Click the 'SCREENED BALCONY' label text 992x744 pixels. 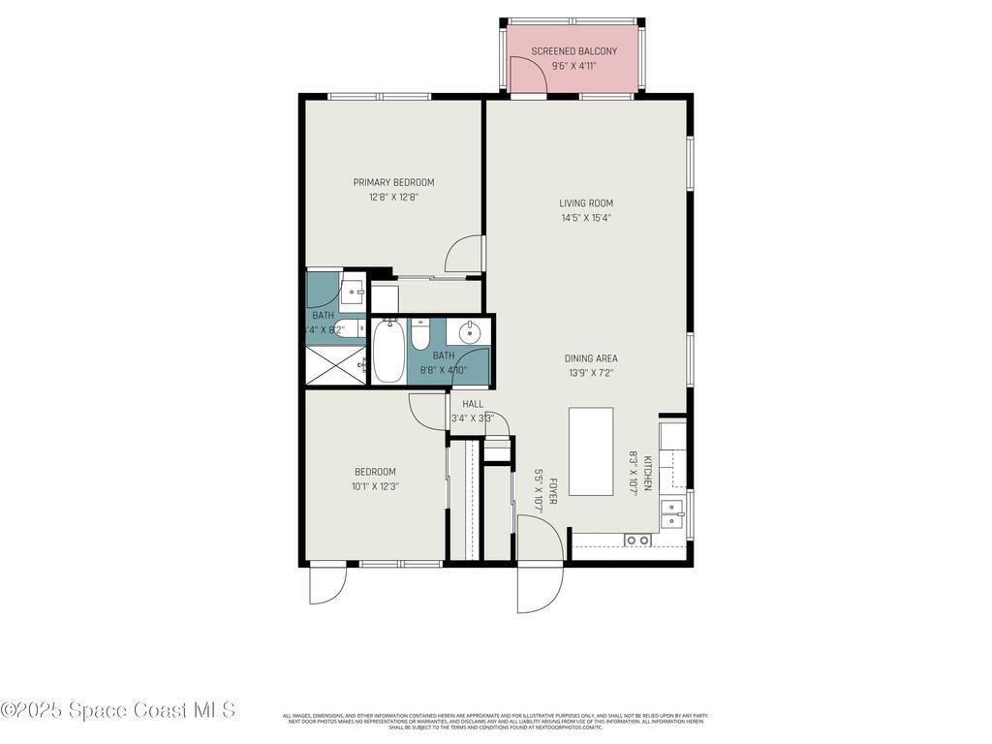(573, 51)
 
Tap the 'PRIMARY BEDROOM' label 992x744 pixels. (393, 182)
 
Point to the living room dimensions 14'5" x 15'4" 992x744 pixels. (586, 218)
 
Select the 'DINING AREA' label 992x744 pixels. (591, 358)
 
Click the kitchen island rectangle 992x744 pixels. (590, 451)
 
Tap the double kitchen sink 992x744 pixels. (672, 513)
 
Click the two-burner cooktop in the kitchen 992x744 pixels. (636, 540)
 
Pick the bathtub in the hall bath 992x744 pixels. (388, 351)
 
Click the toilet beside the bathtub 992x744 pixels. (420, 335)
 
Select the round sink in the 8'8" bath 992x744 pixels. (470, 333)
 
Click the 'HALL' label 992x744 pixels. (473, 404)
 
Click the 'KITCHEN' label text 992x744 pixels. (647, 473)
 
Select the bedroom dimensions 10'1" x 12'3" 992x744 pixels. (374, 486)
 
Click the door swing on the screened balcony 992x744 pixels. (527, 76)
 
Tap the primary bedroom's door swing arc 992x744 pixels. (463, 254)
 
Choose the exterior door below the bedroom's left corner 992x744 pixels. (326, 584)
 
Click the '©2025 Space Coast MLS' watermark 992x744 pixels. (118, 710)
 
